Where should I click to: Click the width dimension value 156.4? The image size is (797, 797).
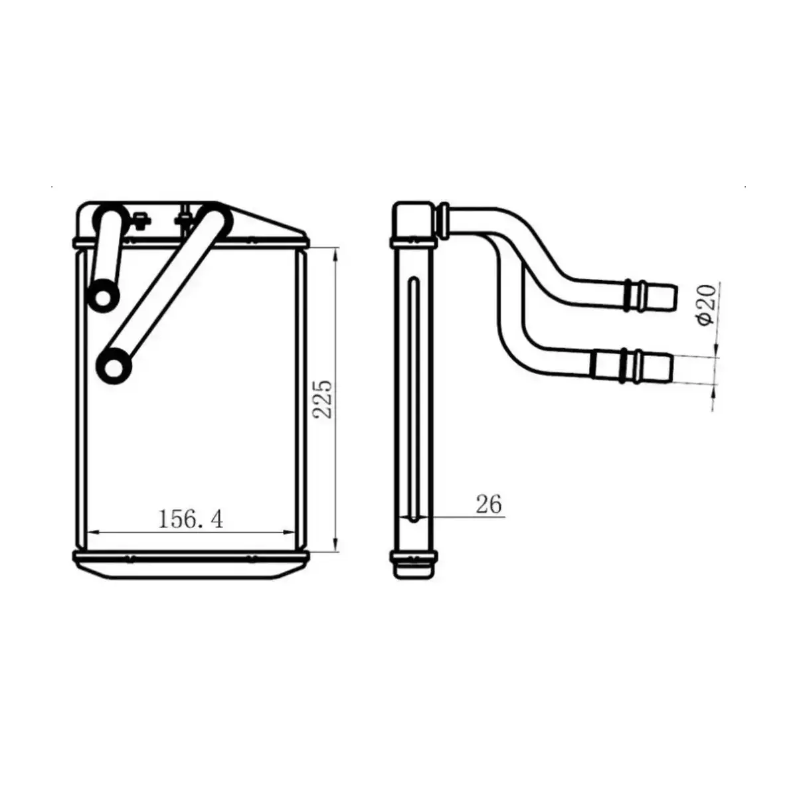pos(190,519)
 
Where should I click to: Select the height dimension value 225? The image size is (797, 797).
pos(323,398)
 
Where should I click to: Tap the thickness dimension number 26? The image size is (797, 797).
pos(488,505)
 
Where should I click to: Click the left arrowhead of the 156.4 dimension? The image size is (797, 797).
pos(94,531)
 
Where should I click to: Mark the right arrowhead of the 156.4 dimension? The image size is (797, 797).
pos(288,531)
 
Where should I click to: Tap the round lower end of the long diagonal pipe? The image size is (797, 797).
pos(114,366)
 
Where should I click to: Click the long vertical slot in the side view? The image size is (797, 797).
pos(414,398)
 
